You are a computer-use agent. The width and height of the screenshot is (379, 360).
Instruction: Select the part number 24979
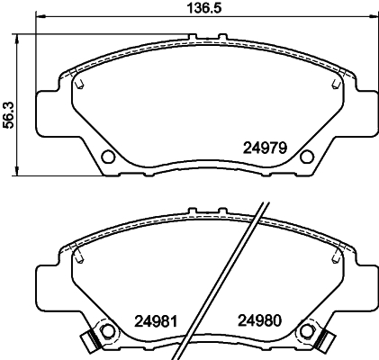pos(265,148)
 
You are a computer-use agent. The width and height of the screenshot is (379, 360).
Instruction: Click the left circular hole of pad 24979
pos(108,158)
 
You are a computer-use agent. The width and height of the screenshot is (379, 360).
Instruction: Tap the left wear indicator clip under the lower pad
pos(88,341)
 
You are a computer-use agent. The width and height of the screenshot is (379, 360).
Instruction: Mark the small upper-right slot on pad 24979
pos(336,85)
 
